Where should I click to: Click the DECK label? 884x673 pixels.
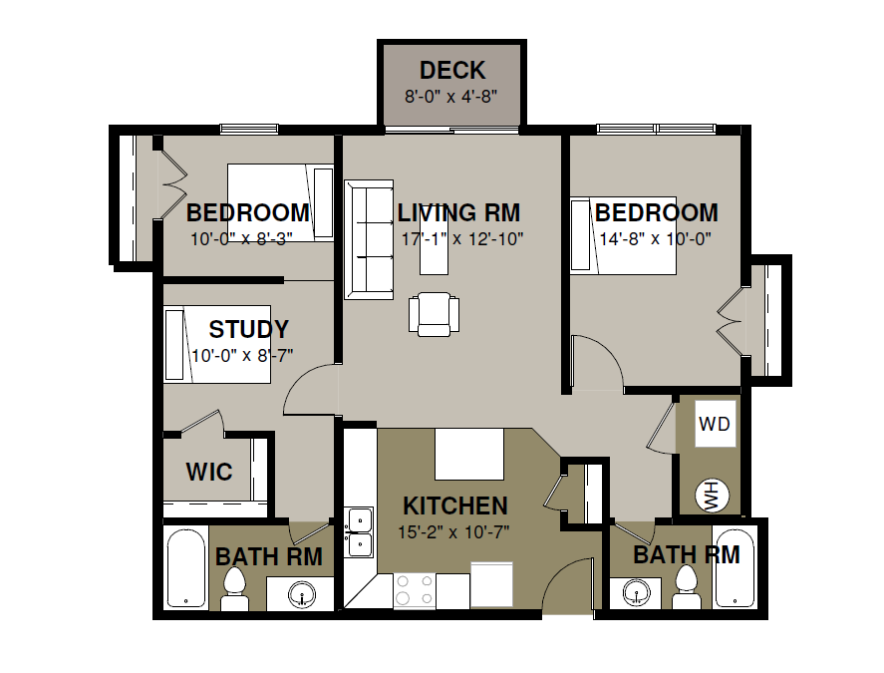[452, 71]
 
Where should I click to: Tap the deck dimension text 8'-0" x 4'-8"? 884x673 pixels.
[451, 97]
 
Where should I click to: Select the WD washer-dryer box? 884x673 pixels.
[715, 424]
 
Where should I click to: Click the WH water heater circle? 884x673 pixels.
[713, 496]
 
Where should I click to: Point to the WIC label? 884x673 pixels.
[209, 472]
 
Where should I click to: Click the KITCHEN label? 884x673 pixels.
[455, 506]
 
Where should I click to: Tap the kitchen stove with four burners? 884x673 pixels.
[414, 590]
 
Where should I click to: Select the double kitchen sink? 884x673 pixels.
[359, 532]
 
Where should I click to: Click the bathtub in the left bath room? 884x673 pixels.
[186, 567]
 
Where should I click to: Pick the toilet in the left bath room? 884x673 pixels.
[234, 588]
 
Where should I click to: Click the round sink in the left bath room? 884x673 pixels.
[302, 594]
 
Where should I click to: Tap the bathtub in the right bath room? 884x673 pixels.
[735, 567]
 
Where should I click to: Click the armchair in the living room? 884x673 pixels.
[434, 314]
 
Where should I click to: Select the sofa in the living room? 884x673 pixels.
[369, 239]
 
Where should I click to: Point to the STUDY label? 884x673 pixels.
[248, 329]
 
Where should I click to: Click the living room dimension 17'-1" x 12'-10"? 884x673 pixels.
[462, 239]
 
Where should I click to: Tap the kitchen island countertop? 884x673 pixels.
[469, 454]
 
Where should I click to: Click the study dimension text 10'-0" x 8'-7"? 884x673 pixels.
[242, 356]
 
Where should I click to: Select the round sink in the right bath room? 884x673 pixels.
[638, 592]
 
